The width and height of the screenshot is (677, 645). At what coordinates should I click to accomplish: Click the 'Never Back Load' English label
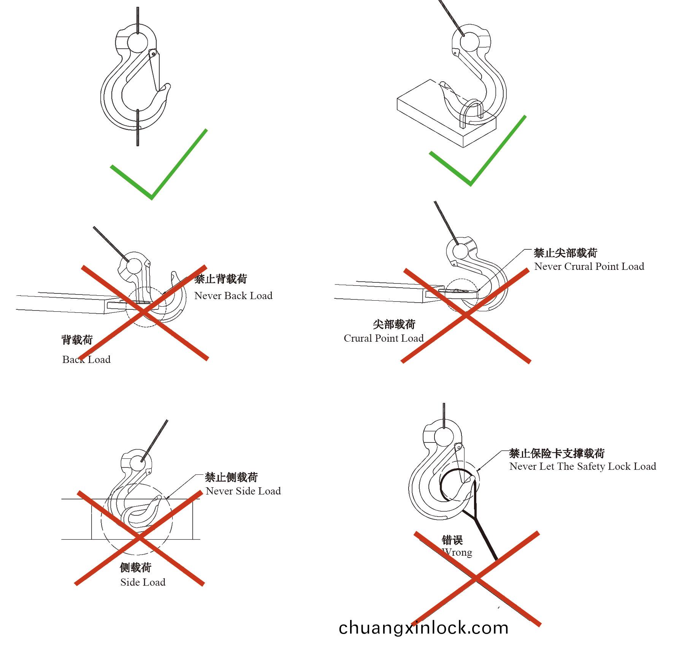[233, 296]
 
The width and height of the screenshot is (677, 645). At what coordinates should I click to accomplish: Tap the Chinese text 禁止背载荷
[221, 279]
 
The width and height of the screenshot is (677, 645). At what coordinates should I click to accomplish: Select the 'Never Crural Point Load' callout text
[589, 266]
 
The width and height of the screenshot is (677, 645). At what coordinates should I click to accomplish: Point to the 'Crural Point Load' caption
[384, 338]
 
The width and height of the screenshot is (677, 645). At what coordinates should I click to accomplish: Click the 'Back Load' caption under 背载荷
[86, 360]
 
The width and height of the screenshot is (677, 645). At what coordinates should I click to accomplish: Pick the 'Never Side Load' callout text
[243, 491]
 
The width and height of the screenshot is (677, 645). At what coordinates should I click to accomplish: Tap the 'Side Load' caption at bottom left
[143, 582]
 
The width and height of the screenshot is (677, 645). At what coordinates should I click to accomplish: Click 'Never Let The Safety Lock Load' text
[583, 466]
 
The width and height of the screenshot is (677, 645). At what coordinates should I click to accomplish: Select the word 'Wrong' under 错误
[457, 552]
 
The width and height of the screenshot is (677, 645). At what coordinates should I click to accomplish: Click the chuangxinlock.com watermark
[423, 628]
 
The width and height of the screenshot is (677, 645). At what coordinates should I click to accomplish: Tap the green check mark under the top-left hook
[159, 164]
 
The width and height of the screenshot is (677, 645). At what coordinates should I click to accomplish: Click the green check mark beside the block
[478, 151]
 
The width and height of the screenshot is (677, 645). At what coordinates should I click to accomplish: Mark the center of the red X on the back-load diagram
[144, 312]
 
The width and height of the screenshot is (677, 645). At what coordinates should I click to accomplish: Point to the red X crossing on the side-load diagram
[140, 538]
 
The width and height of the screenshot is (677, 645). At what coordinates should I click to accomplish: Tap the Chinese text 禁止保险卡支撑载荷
[557, 453]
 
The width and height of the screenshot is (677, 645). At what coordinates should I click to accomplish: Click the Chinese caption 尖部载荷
[394, 324]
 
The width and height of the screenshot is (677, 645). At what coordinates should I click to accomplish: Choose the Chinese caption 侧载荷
[136, 568]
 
